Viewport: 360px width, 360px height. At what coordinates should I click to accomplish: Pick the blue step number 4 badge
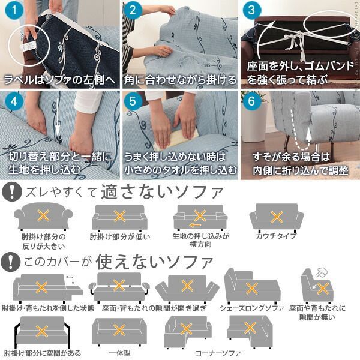tap(12, 101)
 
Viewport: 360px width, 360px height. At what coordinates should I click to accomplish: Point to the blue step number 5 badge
tap(134, 101)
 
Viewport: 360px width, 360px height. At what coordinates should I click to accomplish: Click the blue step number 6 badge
tap(253, 101)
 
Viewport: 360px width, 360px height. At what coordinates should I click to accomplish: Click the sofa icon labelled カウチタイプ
tap(276, 216)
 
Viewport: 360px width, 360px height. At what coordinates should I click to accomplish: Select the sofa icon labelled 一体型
tap(119, 331)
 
